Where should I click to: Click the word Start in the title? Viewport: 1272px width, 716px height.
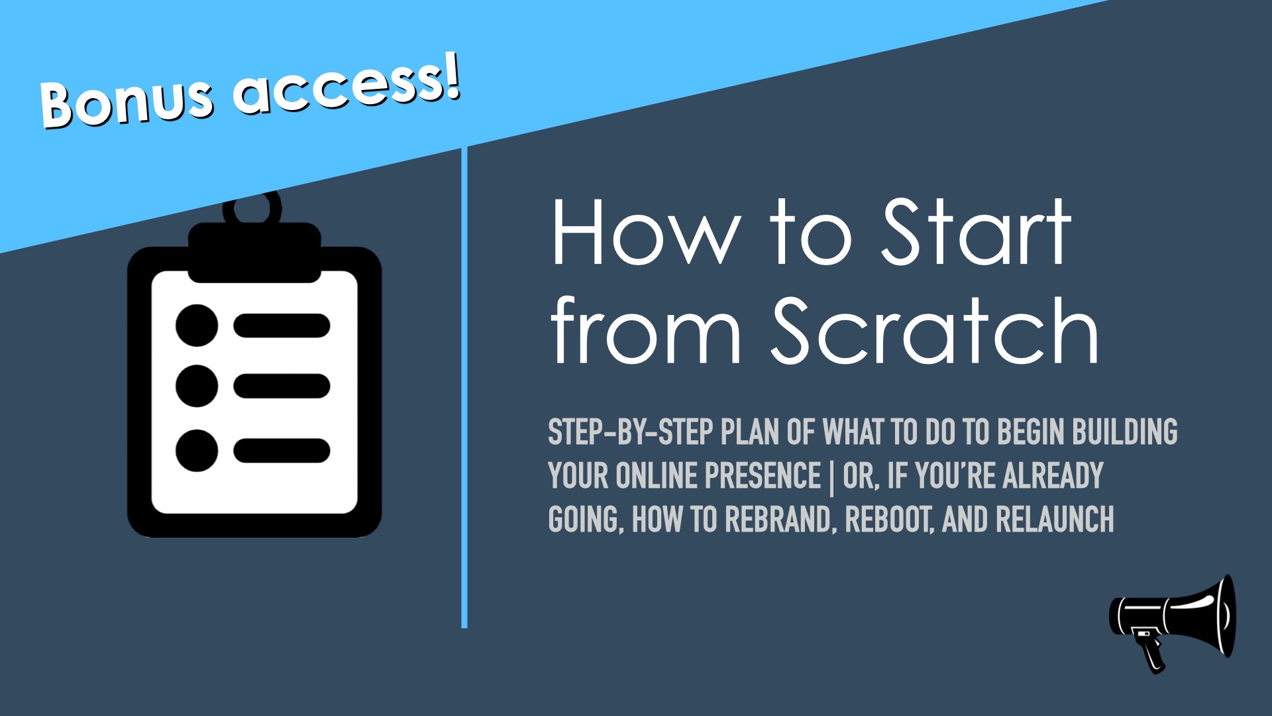(x=977, y=231)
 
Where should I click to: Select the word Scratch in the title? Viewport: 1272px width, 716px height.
(x=934, y=329)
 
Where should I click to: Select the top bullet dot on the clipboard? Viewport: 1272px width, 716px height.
(x=197, y=326)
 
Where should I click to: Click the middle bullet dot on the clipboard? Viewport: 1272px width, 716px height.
(x=197, y=385)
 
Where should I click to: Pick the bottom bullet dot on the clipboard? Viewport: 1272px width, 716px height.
(x=197, y=450)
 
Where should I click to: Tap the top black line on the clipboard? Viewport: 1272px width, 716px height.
(x=282, y=326)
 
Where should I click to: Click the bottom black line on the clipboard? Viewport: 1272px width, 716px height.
(x=282, y=450)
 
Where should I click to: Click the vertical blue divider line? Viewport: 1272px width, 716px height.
(x=464, y=388)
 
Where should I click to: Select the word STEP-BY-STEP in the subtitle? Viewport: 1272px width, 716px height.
(x=630, y=432)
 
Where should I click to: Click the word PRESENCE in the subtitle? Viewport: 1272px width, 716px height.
(x=763, y=476)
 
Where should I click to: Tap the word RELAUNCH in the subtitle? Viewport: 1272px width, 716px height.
(x=1055, y=520)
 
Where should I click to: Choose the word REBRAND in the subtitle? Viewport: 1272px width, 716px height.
(x=778, y=520)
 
